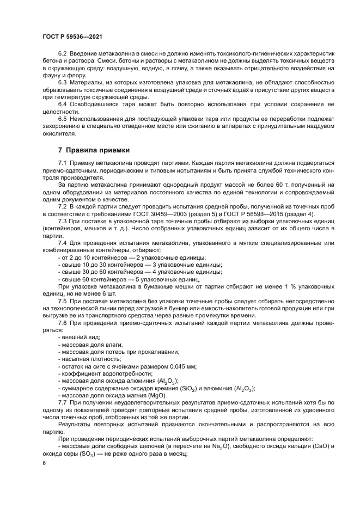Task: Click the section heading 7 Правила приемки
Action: click(x=93, y=150)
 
